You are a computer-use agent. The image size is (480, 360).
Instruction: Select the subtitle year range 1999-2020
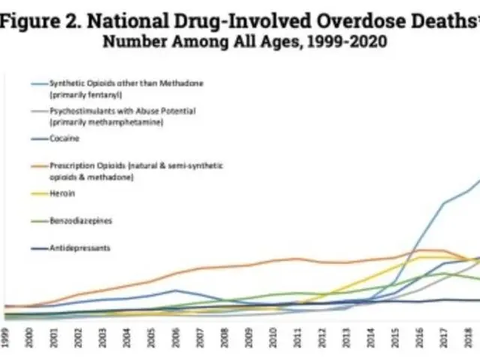346,42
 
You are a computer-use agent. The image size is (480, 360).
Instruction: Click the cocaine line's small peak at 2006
175,290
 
